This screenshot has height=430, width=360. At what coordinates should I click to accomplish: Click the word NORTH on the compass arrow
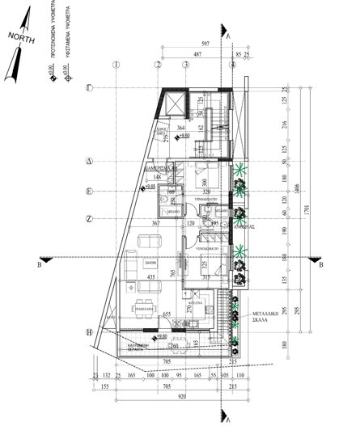pos(21,36)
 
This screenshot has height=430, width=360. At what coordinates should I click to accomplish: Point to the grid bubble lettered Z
pos(90,217)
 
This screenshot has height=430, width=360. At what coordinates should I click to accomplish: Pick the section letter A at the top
pos(229,36)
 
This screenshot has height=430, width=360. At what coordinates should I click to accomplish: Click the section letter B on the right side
pos(320,264)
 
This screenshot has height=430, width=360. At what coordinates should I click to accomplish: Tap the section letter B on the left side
pos(39,264)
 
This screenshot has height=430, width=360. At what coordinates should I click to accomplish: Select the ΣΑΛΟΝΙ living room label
pos(150,264)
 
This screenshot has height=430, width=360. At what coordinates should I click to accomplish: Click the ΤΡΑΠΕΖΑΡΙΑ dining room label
pos(145,308)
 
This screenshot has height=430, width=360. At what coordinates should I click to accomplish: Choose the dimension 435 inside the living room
pos(150,276)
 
